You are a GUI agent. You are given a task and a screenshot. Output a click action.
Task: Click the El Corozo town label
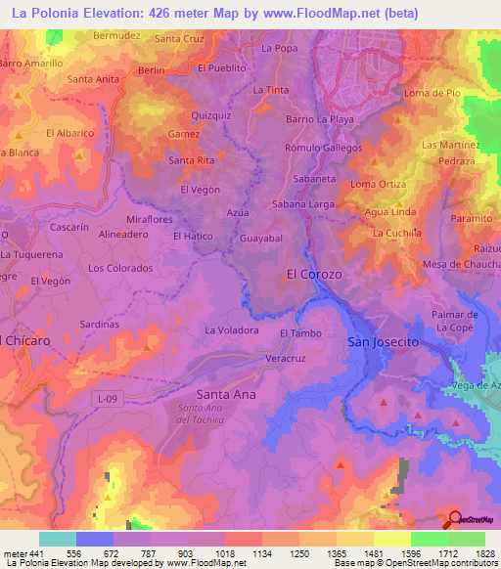tap(313, 275)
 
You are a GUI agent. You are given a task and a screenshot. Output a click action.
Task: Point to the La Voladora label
tap(231, 330)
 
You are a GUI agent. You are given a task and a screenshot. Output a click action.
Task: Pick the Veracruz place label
tap(287, 359)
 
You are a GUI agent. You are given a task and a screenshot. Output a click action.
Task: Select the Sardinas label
tap(100, 324)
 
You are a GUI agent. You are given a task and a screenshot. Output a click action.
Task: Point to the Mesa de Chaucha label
tap(460, 266)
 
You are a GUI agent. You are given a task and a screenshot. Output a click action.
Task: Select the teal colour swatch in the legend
tap(58, 539)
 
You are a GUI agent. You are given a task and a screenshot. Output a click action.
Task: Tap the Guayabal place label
tap(261, 238)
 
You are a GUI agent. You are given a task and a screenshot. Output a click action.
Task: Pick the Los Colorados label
tap(114, 267)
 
